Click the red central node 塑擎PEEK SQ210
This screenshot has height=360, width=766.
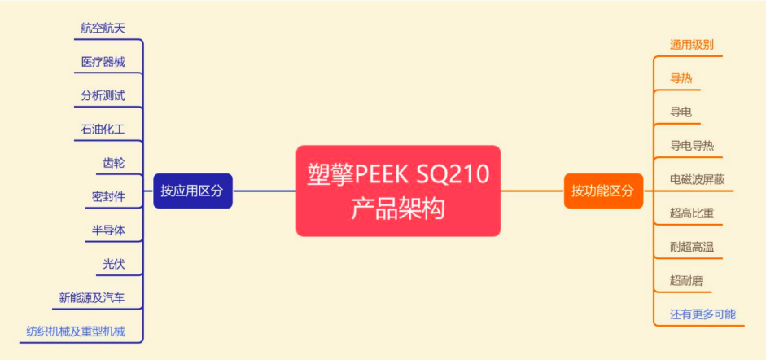398,191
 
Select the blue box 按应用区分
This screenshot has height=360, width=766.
193,191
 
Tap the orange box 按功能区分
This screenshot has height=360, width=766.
603,191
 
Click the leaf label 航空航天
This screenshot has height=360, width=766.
103,28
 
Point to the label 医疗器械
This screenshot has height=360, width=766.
103,62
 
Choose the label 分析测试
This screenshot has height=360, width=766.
103,95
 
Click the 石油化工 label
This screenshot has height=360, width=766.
103,129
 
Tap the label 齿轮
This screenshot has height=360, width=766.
114,163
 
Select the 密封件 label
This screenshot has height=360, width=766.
108,196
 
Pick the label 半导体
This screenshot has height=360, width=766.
108,230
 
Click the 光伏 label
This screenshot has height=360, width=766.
114,264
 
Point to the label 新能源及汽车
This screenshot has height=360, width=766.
92,297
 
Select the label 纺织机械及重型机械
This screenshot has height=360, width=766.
75,331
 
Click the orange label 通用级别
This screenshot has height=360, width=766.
692,45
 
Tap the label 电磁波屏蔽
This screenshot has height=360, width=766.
698,179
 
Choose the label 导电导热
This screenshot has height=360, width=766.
692,146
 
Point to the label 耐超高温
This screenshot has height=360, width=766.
692,247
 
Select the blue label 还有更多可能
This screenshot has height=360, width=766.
703,314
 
